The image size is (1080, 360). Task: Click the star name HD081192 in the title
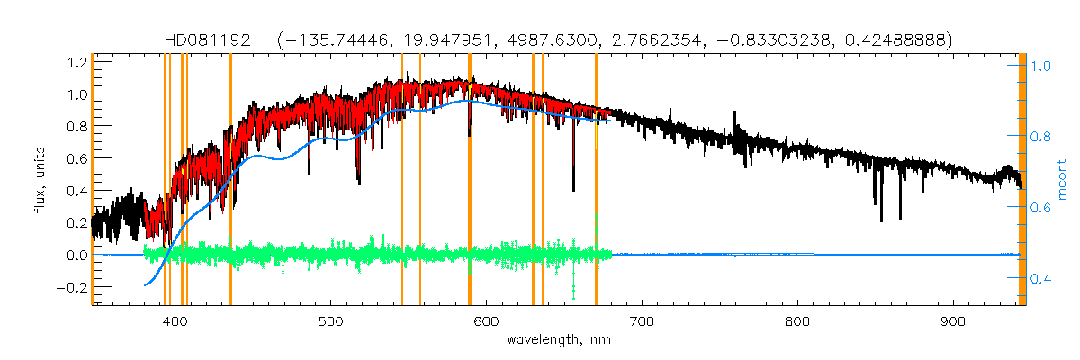coord(210,40)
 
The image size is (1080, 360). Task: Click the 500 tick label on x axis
coord(331,321)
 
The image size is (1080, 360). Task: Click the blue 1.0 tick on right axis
coord(1041,66)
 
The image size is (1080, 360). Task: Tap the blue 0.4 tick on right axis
coord(1041,278)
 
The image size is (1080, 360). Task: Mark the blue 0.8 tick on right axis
coord(1041,137)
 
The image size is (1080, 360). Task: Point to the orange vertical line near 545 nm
coord(401,180)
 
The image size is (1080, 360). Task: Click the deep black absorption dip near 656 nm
coord(573,171)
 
